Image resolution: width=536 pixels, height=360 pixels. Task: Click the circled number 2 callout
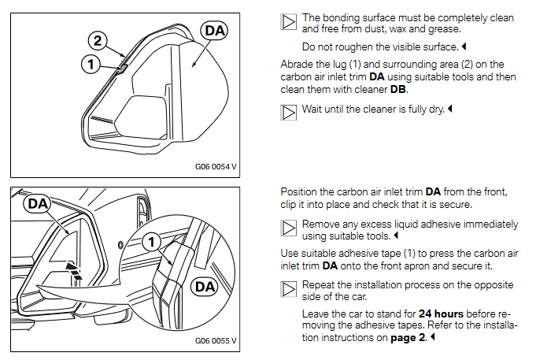tap(96, 39)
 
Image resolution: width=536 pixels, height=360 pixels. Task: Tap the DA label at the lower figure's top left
tap(38, 204)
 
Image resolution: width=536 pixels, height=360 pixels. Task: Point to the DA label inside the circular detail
tap(203, 286)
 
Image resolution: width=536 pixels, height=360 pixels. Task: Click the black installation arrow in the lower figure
tap(73, 270)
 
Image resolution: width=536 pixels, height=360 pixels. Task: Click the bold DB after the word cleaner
tap(399, 90)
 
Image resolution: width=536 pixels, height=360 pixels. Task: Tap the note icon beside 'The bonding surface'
tap(289, 22)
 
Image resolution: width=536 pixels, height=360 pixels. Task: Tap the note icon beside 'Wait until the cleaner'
tap(289, 113)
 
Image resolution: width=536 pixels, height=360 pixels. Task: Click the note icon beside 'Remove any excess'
tap(289, 228)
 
